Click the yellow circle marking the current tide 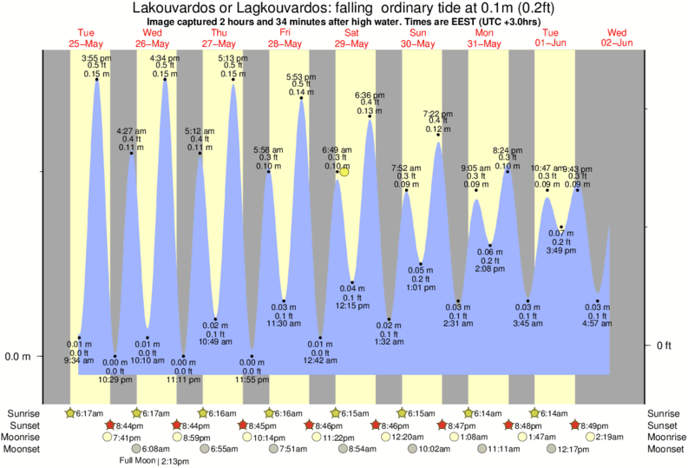[344, 172]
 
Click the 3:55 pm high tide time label [95, 58]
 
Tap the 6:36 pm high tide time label [370, 96]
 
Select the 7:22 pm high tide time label [437, 114]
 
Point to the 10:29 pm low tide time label [115, 379]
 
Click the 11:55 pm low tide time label [252, 379]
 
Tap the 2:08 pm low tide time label [490, 269]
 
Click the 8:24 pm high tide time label [507, 150]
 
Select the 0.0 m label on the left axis [19, 356]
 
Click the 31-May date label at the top [483, 43]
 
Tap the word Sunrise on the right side [665, 413]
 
